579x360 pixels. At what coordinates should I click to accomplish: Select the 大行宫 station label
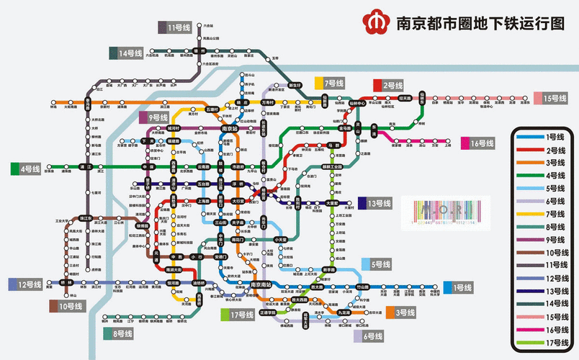pyautogui.click(x=238, y=202)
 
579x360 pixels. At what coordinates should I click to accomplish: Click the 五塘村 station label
pyautogui.click(x=212, y=109)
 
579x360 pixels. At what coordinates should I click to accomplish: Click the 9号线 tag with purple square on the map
pyautogui.click(x=153, y=117)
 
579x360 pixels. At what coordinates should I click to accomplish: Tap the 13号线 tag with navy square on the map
pyautogui.click(x=374, y=203)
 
